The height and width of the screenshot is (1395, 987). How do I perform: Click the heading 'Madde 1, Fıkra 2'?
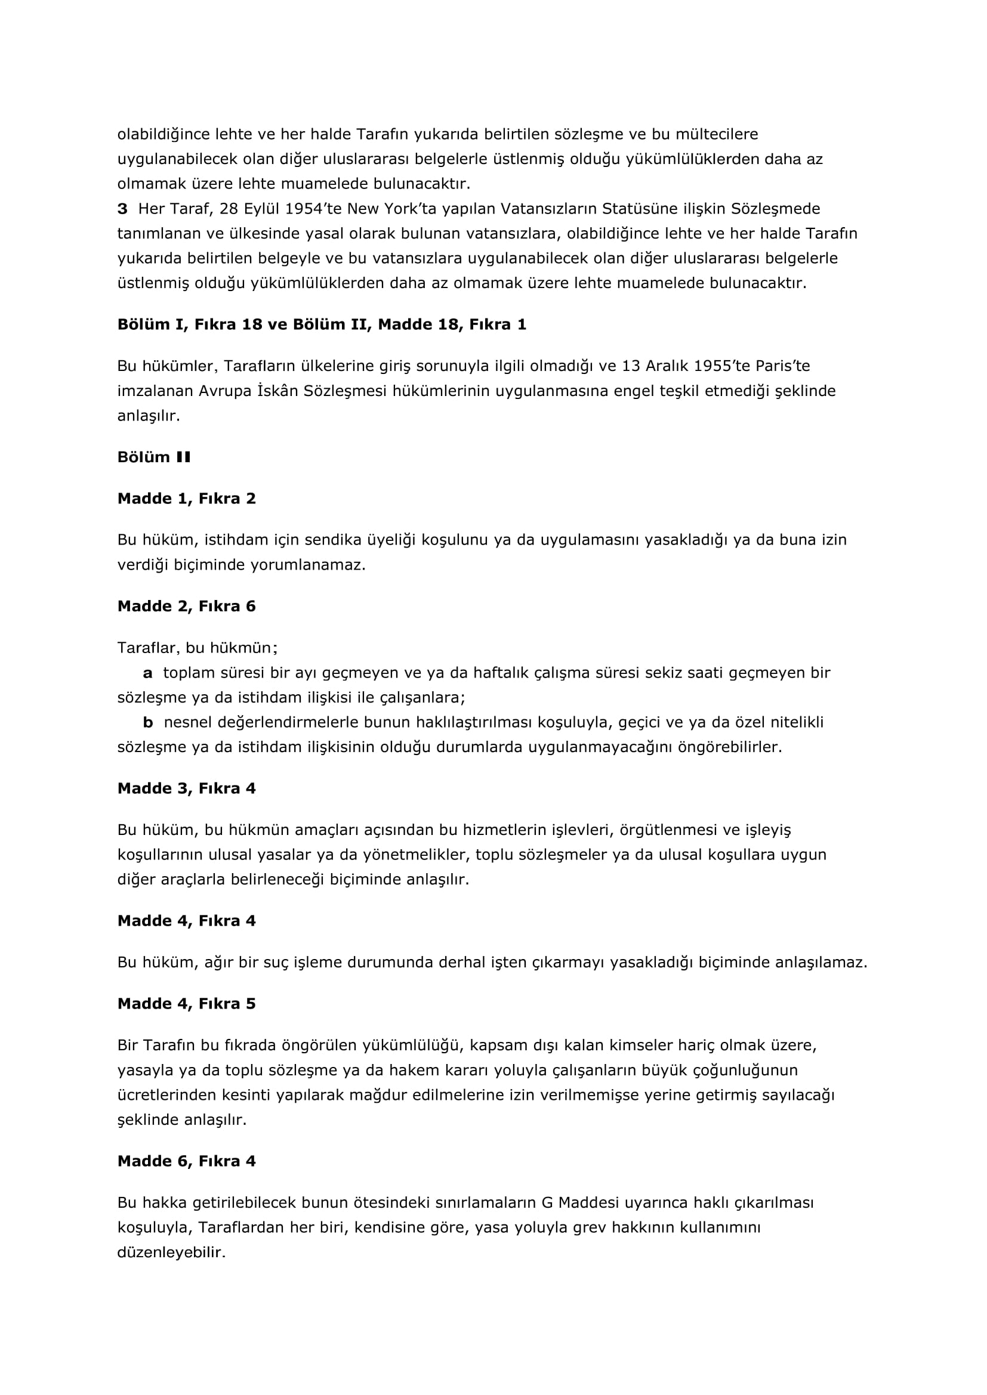click(x=187, y=499)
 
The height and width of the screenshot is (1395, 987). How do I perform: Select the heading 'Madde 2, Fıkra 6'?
click(x=187, y=607)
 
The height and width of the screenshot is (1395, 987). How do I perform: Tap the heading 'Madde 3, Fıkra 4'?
click(x=187, y=788)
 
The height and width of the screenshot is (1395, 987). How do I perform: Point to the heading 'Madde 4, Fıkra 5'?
click(x=187, y=1004)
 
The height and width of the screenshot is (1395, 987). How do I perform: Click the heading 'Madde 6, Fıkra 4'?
click(x=187, y=1161)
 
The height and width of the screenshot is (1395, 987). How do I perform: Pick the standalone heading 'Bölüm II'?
click(x=154, y=457)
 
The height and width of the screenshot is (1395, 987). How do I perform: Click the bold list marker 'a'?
click(x=147, y=673)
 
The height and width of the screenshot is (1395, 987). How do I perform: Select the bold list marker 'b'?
click(x=147, y=722)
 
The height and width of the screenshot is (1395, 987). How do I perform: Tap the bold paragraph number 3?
click(x=122, y=209)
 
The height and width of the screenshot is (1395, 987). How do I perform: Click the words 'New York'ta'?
click(x=390, y=209)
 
